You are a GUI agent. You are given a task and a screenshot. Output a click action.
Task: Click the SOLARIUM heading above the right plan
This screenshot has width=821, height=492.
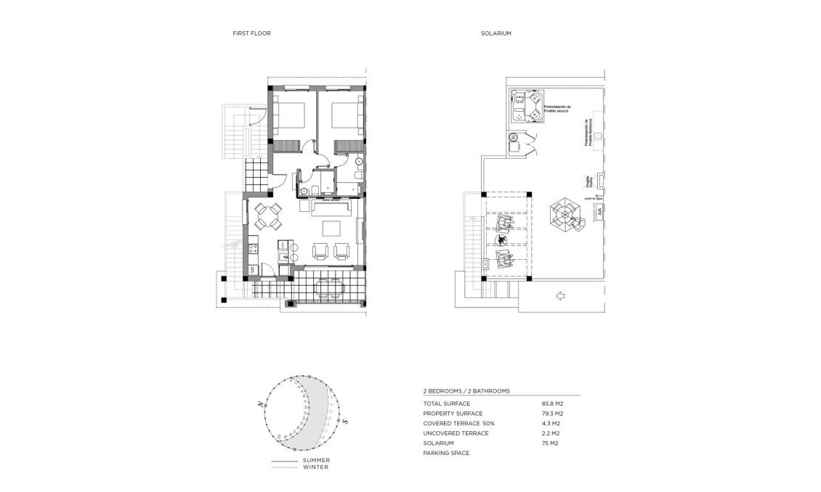tap(493, 33)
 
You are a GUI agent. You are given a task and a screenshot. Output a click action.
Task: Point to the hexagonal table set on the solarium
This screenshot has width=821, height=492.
tap(565, 215)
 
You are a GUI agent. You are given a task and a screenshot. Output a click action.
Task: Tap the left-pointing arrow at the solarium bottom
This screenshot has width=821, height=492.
tap(560, 295)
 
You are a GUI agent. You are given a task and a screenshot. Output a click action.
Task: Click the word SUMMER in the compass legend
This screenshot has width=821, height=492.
tap(316, 460)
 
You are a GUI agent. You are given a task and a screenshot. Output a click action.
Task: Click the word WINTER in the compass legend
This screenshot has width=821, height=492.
tap(316, 467)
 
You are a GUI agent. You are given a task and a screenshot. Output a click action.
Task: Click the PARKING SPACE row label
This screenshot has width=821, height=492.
tap(446, 453)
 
